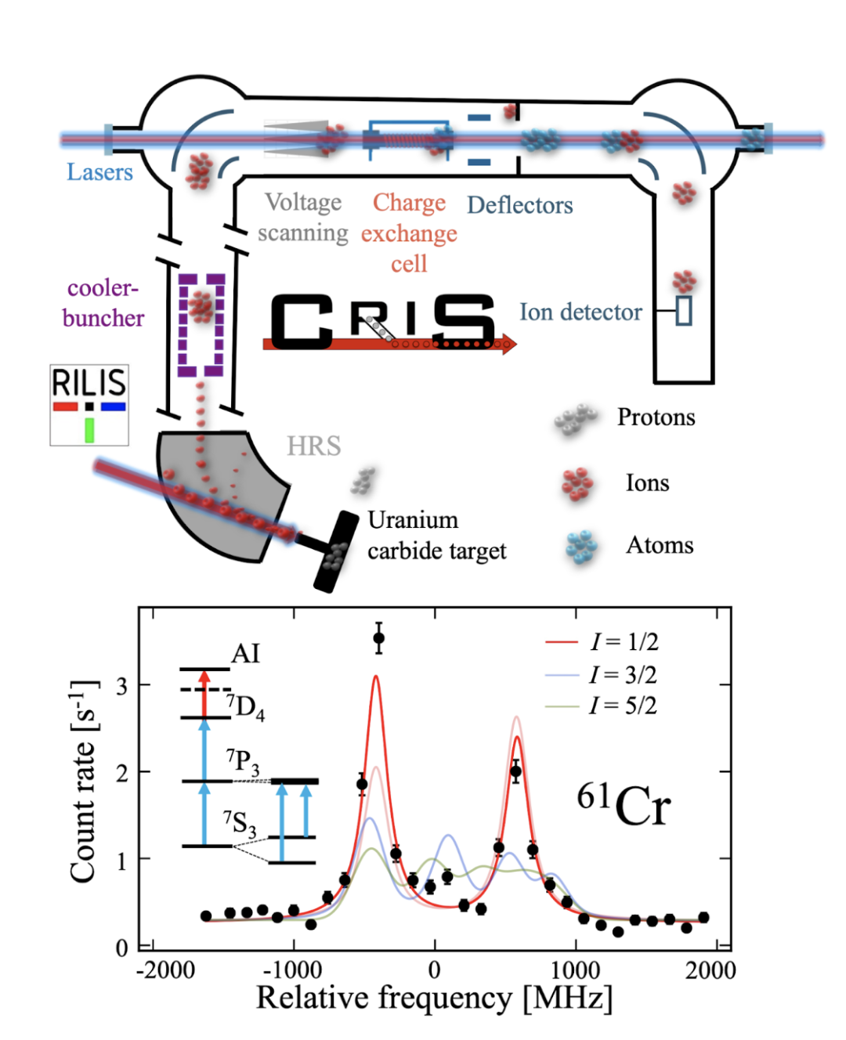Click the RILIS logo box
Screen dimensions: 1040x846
point(89,404)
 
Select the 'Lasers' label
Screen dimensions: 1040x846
point(99,172)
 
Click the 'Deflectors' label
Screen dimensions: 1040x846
point(520,205)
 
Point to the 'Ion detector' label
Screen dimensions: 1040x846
point(580,312)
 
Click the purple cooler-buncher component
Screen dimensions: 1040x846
point(201,324)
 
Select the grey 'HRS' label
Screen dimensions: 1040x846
point(313,446)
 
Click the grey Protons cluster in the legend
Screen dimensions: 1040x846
point(575,418)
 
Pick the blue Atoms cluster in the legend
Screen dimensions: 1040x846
point(580,547)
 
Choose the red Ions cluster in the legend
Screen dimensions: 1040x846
point(578,483)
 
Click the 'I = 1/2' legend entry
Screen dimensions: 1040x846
point(624,642)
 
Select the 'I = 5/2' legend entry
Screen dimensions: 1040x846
point(624,706)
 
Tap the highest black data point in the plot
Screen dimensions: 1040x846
point(379,638)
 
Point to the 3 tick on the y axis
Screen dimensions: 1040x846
point(121,686)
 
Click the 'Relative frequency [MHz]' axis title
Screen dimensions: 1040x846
point(434,998)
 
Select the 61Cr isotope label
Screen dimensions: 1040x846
point(624,805)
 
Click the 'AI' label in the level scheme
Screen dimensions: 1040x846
point(245,653)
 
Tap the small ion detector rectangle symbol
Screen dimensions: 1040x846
point(684,311)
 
